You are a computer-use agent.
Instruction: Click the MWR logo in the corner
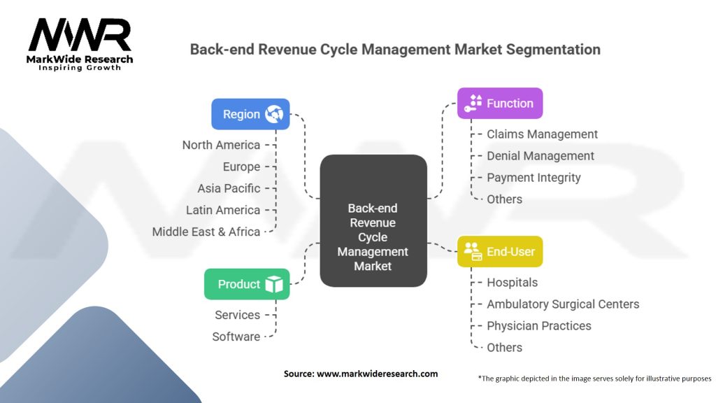pyautogui.click(x=80, y=43)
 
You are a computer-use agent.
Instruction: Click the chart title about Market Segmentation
pyautogui.click(x=395, y=50)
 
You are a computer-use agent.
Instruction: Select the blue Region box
pyautogui.click(x=250, y=114)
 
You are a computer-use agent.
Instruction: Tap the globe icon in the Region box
pyautogui.click(x=273, y=114)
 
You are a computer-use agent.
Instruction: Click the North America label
pyautogui.click(x=221, y=145)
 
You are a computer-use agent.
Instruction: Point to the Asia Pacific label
pyautogui.click(x=229, y=188)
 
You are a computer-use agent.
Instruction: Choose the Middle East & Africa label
pyautogui.click(x=206, y=232)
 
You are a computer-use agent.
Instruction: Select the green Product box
pyautogui.click(x=247, y=284)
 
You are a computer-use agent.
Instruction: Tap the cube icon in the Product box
pyautogui.click(x=273, y=284)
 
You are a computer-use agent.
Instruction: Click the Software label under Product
pyautogui.click(x=236, y=337)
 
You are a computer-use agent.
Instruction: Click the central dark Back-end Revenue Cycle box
pyautogui.click(x=373, y=220)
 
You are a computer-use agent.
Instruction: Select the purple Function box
pyautogui.click(x=499, y=103)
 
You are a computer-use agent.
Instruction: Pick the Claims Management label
pyautogui.click(x=542, y=134)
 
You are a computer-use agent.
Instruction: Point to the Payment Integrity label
pyautogui.click(x=534, y=178)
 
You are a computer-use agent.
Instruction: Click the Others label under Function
pyautogui.click(x=504, y=199)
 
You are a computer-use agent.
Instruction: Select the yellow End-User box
pyautogui.click(x=499, y=251)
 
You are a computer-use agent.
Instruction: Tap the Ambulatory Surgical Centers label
pyautogui.click(x=563, y=304)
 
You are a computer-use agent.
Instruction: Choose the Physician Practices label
pyautogui.click(x=538, y=326)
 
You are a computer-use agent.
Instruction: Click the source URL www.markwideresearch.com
pyautogui.click(x=377, y=374)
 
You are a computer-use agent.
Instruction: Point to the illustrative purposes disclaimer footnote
pyautogui.click(x=594, y=379)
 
